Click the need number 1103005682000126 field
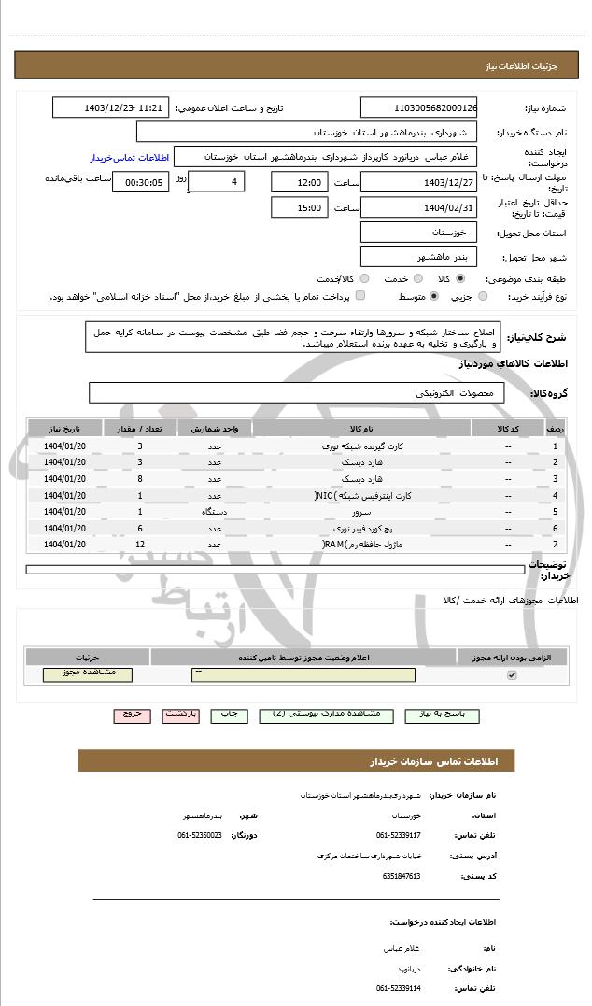[x=418, y=108]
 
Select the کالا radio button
[x=460, y=278]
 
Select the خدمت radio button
[x=416, y=278]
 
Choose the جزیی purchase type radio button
[x=483, y=297]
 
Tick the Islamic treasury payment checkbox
[x=360, y=297]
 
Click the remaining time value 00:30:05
[x=141, y=183]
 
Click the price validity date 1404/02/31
[x=418, y=207]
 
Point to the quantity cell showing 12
[x=140, y=544]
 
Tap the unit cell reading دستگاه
[x=215, y=512]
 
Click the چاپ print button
[x=229, y=715]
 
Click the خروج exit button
[x=133, y=715]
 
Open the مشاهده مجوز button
[x=88, y=674]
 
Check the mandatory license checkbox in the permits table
[x=512, y=674]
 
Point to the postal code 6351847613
[x=402, y=876]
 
